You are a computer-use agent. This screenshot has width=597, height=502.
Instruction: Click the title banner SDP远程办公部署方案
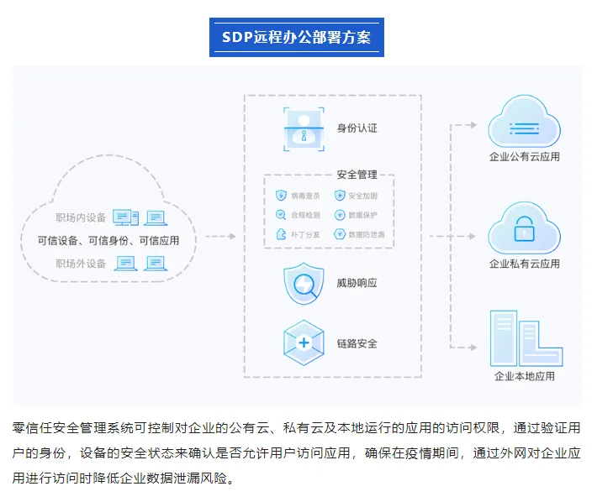(x=297, y=38)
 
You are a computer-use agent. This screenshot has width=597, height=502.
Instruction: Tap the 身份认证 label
(x=357, y=128)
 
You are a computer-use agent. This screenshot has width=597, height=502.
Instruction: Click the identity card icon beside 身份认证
(x=303, y=128)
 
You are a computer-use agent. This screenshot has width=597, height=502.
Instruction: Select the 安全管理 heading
(x=357, y=175)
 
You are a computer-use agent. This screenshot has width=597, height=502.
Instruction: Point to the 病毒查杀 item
(x=299, y=196)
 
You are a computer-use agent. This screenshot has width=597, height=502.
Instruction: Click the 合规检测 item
(x=299, y=215)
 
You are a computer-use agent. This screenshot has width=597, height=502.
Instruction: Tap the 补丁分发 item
(x=299, y=235)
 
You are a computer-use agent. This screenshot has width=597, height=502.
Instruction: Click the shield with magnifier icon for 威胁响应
(x=303, y=284)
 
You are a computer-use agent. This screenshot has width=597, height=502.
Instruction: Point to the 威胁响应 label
(x=357, y=284)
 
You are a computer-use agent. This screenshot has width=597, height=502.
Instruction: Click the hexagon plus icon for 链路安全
(x=303, y=343)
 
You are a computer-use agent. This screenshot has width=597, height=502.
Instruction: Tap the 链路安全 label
(x=357, y=343)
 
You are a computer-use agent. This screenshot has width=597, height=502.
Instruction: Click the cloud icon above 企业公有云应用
(x=524, y=123)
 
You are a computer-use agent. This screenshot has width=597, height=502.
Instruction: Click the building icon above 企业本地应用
(x=524, y=337)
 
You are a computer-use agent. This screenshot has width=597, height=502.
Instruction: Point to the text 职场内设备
(x=82, y=218)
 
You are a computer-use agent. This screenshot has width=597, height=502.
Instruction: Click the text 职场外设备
(x=82, y=264)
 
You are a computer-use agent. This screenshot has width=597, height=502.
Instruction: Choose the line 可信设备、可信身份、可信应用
(x=108, y=241)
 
